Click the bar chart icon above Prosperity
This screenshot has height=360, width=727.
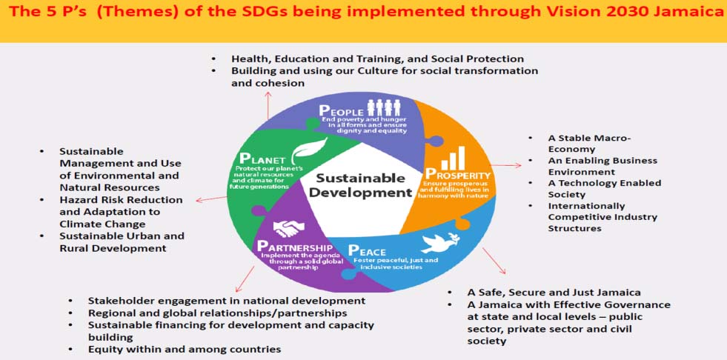453,158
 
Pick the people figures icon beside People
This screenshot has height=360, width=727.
384,107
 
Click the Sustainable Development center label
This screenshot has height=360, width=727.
360,185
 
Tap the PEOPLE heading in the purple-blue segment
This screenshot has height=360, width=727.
341,111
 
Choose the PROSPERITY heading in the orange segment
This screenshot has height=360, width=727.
458,176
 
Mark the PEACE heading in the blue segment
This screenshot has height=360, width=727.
367,250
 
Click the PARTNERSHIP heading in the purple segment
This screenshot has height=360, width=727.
295,247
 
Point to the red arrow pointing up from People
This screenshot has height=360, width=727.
268,106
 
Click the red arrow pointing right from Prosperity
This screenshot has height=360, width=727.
506,165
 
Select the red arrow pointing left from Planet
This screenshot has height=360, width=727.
211,199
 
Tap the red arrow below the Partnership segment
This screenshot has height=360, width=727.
245,279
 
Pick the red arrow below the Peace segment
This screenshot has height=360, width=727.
494,261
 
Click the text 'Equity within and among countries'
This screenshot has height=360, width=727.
185,349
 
